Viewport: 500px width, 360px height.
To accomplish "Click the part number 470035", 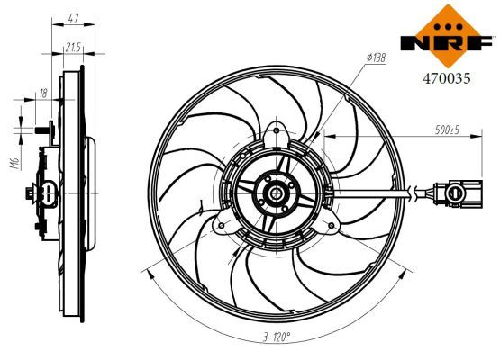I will tap(448, 77).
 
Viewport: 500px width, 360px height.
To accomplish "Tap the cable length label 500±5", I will tap(447, 131).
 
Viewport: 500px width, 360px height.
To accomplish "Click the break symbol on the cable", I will tap(414, 191).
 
